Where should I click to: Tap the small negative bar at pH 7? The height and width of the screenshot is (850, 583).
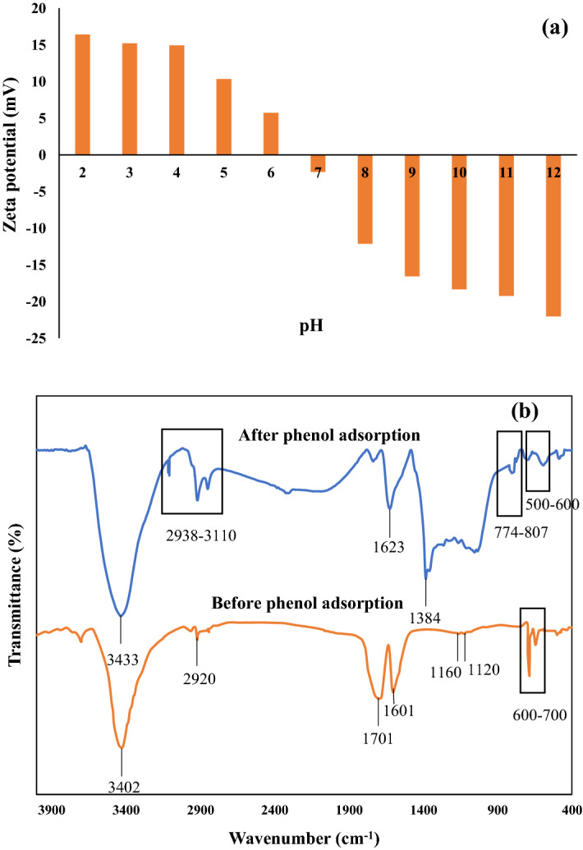pos(318,163)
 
